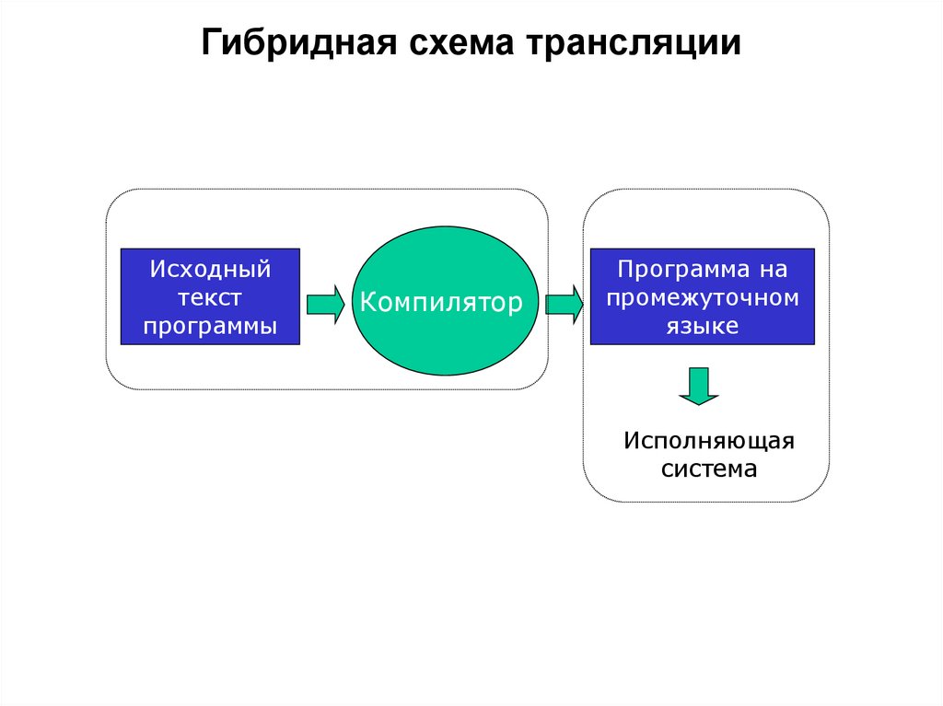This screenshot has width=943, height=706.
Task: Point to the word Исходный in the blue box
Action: (x=211, y=270)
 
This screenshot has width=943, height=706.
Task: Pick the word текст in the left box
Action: (x=211, y=297)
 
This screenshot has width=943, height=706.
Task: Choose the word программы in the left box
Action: (x=211, y=325)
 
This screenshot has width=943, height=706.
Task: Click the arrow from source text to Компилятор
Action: (x=325, y=303)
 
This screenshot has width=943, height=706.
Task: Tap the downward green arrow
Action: (x=699, y=386)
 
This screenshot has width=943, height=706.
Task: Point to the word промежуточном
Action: (x=702, y=297)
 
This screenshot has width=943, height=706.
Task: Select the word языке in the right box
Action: (x=702, y=325)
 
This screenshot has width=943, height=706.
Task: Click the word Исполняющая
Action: (x=708, y=440)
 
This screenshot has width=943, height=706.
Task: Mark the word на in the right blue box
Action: (x=773, y=270)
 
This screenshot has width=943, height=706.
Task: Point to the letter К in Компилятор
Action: (x=368, y=302)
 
